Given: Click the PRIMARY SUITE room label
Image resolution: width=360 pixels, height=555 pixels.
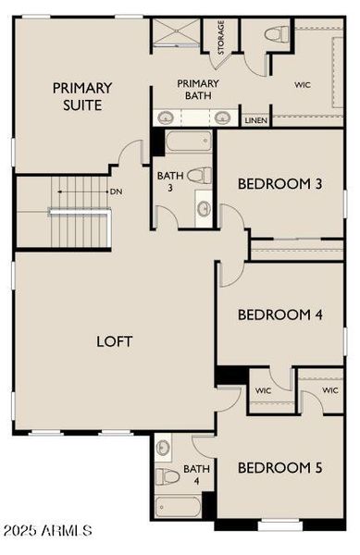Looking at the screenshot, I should (82, 96).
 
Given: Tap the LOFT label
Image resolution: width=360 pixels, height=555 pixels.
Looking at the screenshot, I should (115, 341).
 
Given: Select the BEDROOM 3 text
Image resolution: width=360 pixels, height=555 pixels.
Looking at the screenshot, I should (279, 183).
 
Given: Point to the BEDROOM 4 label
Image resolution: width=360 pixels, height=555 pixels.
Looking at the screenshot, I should (279, 314).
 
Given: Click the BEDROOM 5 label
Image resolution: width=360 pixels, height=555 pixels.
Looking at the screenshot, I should (279, 468).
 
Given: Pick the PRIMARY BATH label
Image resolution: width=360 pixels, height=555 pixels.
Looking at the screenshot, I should (196, 90).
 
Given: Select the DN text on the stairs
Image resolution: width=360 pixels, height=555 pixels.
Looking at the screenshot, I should (116, 191).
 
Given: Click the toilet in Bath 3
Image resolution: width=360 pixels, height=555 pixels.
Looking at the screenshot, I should (197, 174).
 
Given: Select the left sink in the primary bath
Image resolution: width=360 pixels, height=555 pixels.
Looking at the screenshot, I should (167, 117).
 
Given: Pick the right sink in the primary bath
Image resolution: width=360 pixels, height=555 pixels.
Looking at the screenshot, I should (223, 117).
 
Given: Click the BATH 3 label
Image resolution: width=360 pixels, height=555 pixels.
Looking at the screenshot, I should (169, 181).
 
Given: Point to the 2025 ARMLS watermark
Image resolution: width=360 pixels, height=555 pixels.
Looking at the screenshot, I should (47, 531).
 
